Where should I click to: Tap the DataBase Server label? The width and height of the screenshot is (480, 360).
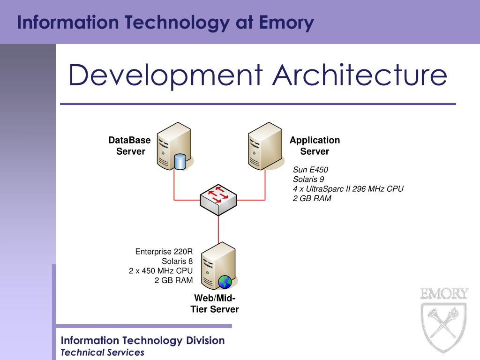(130, 146)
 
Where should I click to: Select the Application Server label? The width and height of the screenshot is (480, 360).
(315, 146)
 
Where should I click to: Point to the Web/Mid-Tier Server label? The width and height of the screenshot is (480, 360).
(215, 304)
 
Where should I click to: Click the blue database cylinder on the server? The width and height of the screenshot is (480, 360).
(180, 161)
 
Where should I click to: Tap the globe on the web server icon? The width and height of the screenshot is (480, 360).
(225, 281)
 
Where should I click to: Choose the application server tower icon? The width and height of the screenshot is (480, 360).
(265, 145)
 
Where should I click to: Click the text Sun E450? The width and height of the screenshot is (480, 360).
(310, 170)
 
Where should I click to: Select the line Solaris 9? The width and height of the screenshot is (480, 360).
(308, 179)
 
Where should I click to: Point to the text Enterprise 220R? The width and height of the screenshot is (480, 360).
(164, 252)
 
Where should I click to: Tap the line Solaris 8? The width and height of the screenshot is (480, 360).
(177, 261)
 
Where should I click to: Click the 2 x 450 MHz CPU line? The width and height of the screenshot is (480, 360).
(161, 271)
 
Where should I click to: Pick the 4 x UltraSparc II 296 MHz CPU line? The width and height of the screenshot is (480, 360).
(348, 188)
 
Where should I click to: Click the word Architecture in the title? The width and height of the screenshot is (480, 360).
(360, 75)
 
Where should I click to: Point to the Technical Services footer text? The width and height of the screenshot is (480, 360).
(103, 352)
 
